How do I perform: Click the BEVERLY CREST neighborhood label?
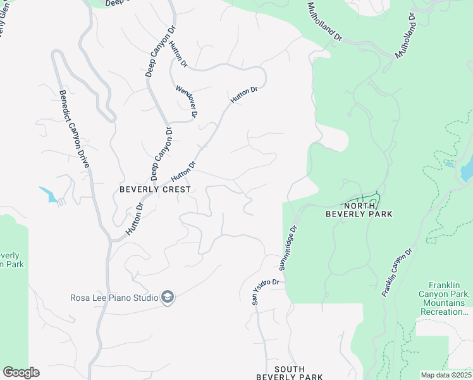tap(155, 189)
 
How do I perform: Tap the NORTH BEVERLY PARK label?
tap(359, 210)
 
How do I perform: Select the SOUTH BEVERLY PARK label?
tap(289, 373)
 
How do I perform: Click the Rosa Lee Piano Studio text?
tap(113, 297)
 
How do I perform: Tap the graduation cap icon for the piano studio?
tap(168, 297)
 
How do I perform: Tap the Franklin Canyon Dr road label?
tap(396, 273)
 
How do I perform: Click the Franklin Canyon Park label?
tap(444, 294)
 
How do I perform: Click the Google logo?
tap(21, 372)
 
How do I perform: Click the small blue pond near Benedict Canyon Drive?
tap(49, 195)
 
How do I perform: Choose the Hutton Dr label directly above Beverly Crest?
tap(183, 170)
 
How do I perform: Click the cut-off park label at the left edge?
tap(11, 260)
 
